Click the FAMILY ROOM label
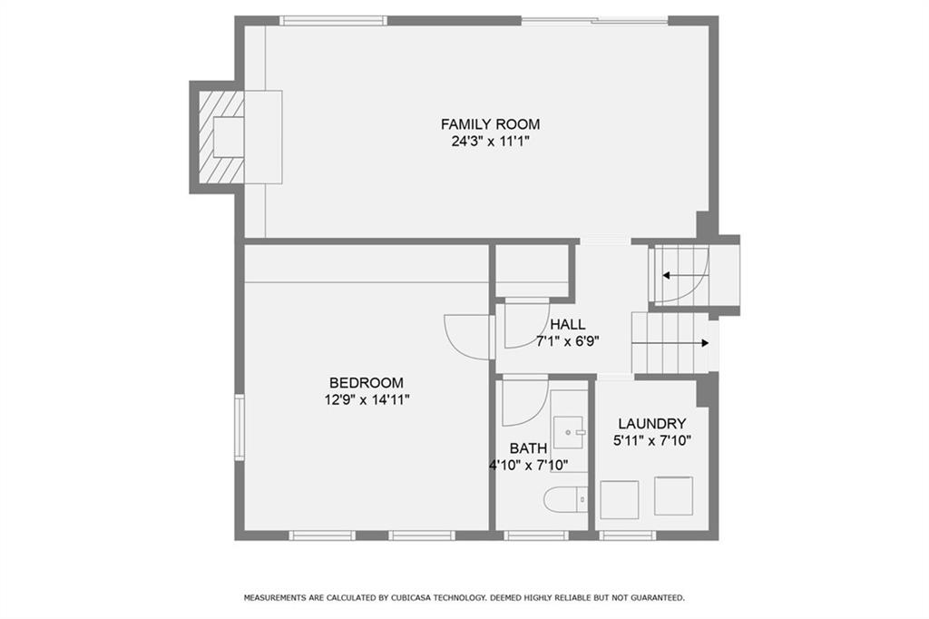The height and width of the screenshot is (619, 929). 490,124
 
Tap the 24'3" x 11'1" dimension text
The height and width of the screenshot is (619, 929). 490,142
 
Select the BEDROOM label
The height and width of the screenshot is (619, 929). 367,383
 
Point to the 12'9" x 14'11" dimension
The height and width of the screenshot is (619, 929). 367,400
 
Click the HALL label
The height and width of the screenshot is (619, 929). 568,324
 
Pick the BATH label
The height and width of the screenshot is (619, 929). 528,448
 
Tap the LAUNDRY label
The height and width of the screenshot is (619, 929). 651,424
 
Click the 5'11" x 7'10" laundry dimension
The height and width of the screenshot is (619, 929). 651,441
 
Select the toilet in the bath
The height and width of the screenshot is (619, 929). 566,500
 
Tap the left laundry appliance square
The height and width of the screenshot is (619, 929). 619,500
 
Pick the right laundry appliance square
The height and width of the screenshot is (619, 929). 674,496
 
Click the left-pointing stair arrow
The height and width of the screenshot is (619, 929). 685,276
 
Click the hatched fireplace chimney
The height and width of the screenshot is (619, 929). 220,137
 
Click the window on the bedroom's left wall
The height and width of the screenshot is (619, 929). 240,427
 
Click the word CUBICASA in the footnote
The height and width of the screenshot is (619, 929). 413,597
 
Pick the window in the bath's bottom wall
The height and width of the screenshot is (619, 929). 536,535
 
